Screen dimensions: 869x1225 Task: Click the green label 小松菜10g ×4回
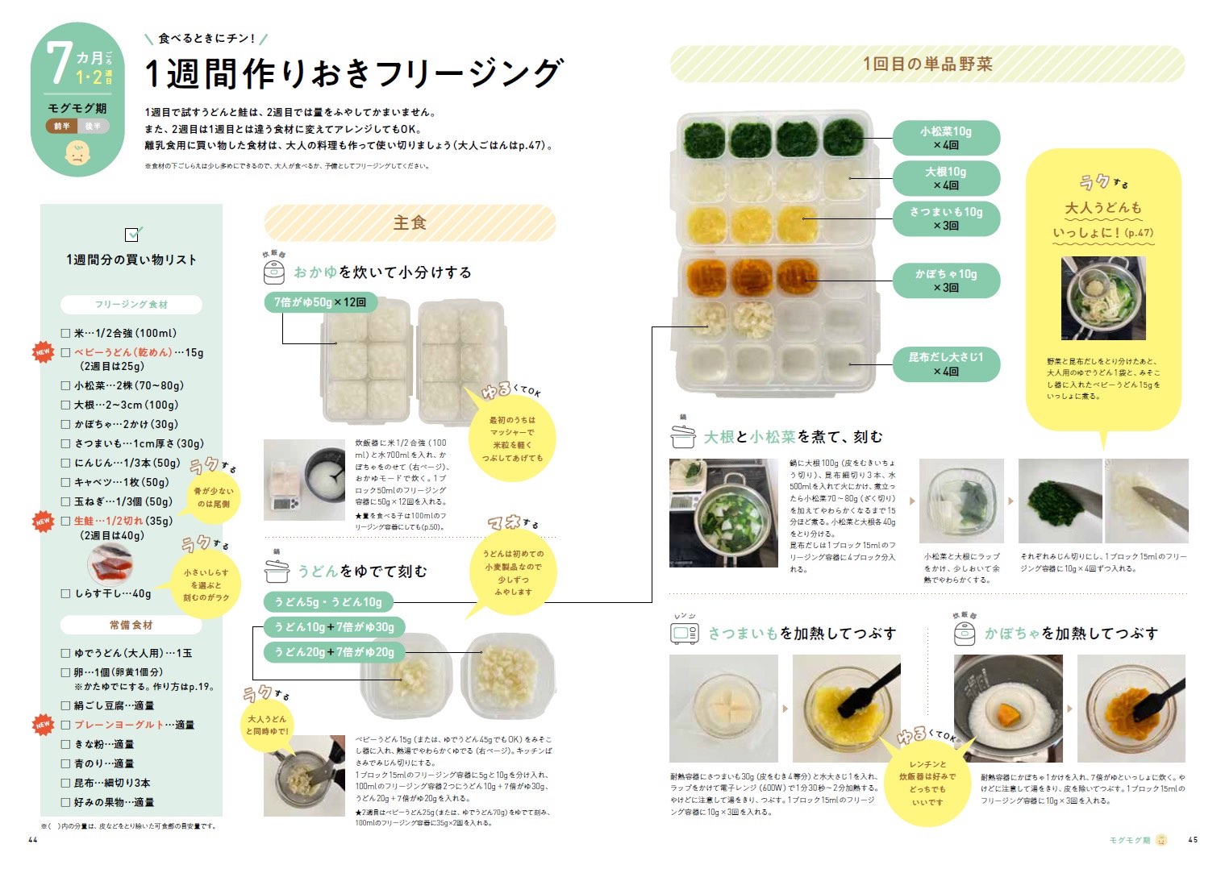(x=946, y=138)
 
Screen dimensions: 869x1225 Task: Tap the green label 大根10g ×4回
(x=946, y=178)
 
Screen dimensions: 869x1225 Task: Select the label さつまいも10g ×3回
(x=946, y=218)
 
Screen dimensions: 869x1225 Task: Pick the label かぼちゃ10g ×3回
(x=946, y=281)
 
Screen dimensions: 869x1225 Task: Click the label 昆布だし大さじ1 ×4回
(x=946, y=364)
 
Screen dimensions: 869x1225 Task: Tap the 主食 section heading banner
(x=410, y=223)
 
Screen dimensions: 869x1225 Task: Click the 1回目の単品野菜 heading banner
(x=927, y=64)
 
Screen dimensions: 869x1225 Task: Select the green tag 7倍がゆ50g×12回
(x=320, y=302)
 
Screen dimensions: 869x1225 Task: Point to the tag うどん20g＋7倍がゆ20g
(x=334, y=652)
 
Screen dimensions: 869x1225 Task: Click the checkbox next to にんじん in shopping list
(x=66, y=464)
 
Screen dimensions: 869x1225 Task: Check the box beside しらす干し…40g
(x=66, y=594)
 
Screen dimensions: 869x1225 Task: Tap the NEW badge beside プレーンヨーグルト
(x=43, y=725)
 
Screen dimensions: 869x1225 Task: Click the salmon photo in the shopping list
(x=111, y=563)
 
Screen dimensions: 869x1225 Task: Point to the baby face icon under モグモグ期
(x=77, y=153)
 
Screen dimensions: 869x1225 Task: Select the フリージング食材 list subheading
(x=131, y=305)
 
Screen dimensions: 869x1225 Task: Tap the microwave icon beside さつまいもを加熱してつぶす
(x=685, y=634)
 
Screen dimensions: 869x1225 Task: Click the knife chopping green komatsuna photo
(x=1060, y=501)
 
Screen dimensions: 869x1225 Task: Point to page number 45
(x=1193, y=840)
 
